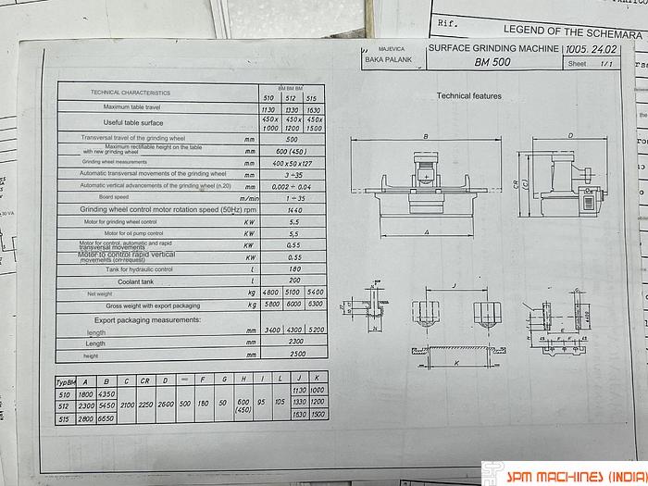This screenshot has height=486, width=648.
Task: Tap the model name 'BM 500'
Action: (492, 63)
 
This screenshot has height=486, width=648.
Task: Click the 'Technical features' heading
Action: (468, 95)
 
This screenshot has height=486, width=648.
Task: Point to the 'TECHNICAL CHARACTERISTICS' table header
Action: (131, 93)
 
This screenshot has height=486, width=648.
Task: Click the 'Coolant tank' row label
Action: (134, 280)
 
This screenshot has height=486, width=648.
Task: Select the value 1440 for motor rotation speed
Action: (294, 210)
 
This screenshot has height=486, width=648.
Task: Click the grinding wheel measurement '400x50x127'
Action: (294, 162)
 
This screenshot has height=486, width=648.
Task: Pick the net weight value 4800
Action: (271, 293)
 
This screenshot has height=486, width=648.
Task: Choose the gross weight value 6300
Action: (315, 305)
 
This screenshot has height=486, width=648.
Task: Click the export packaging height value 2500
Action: (294, 355)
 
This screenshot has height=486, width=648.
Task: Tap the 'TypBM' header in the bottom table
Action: (66, 380)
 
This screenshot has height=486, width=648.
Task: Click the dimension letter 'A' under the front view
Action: (425, 232)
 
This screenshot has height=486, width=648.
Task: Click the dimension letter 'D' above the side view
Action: (569, 135)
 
